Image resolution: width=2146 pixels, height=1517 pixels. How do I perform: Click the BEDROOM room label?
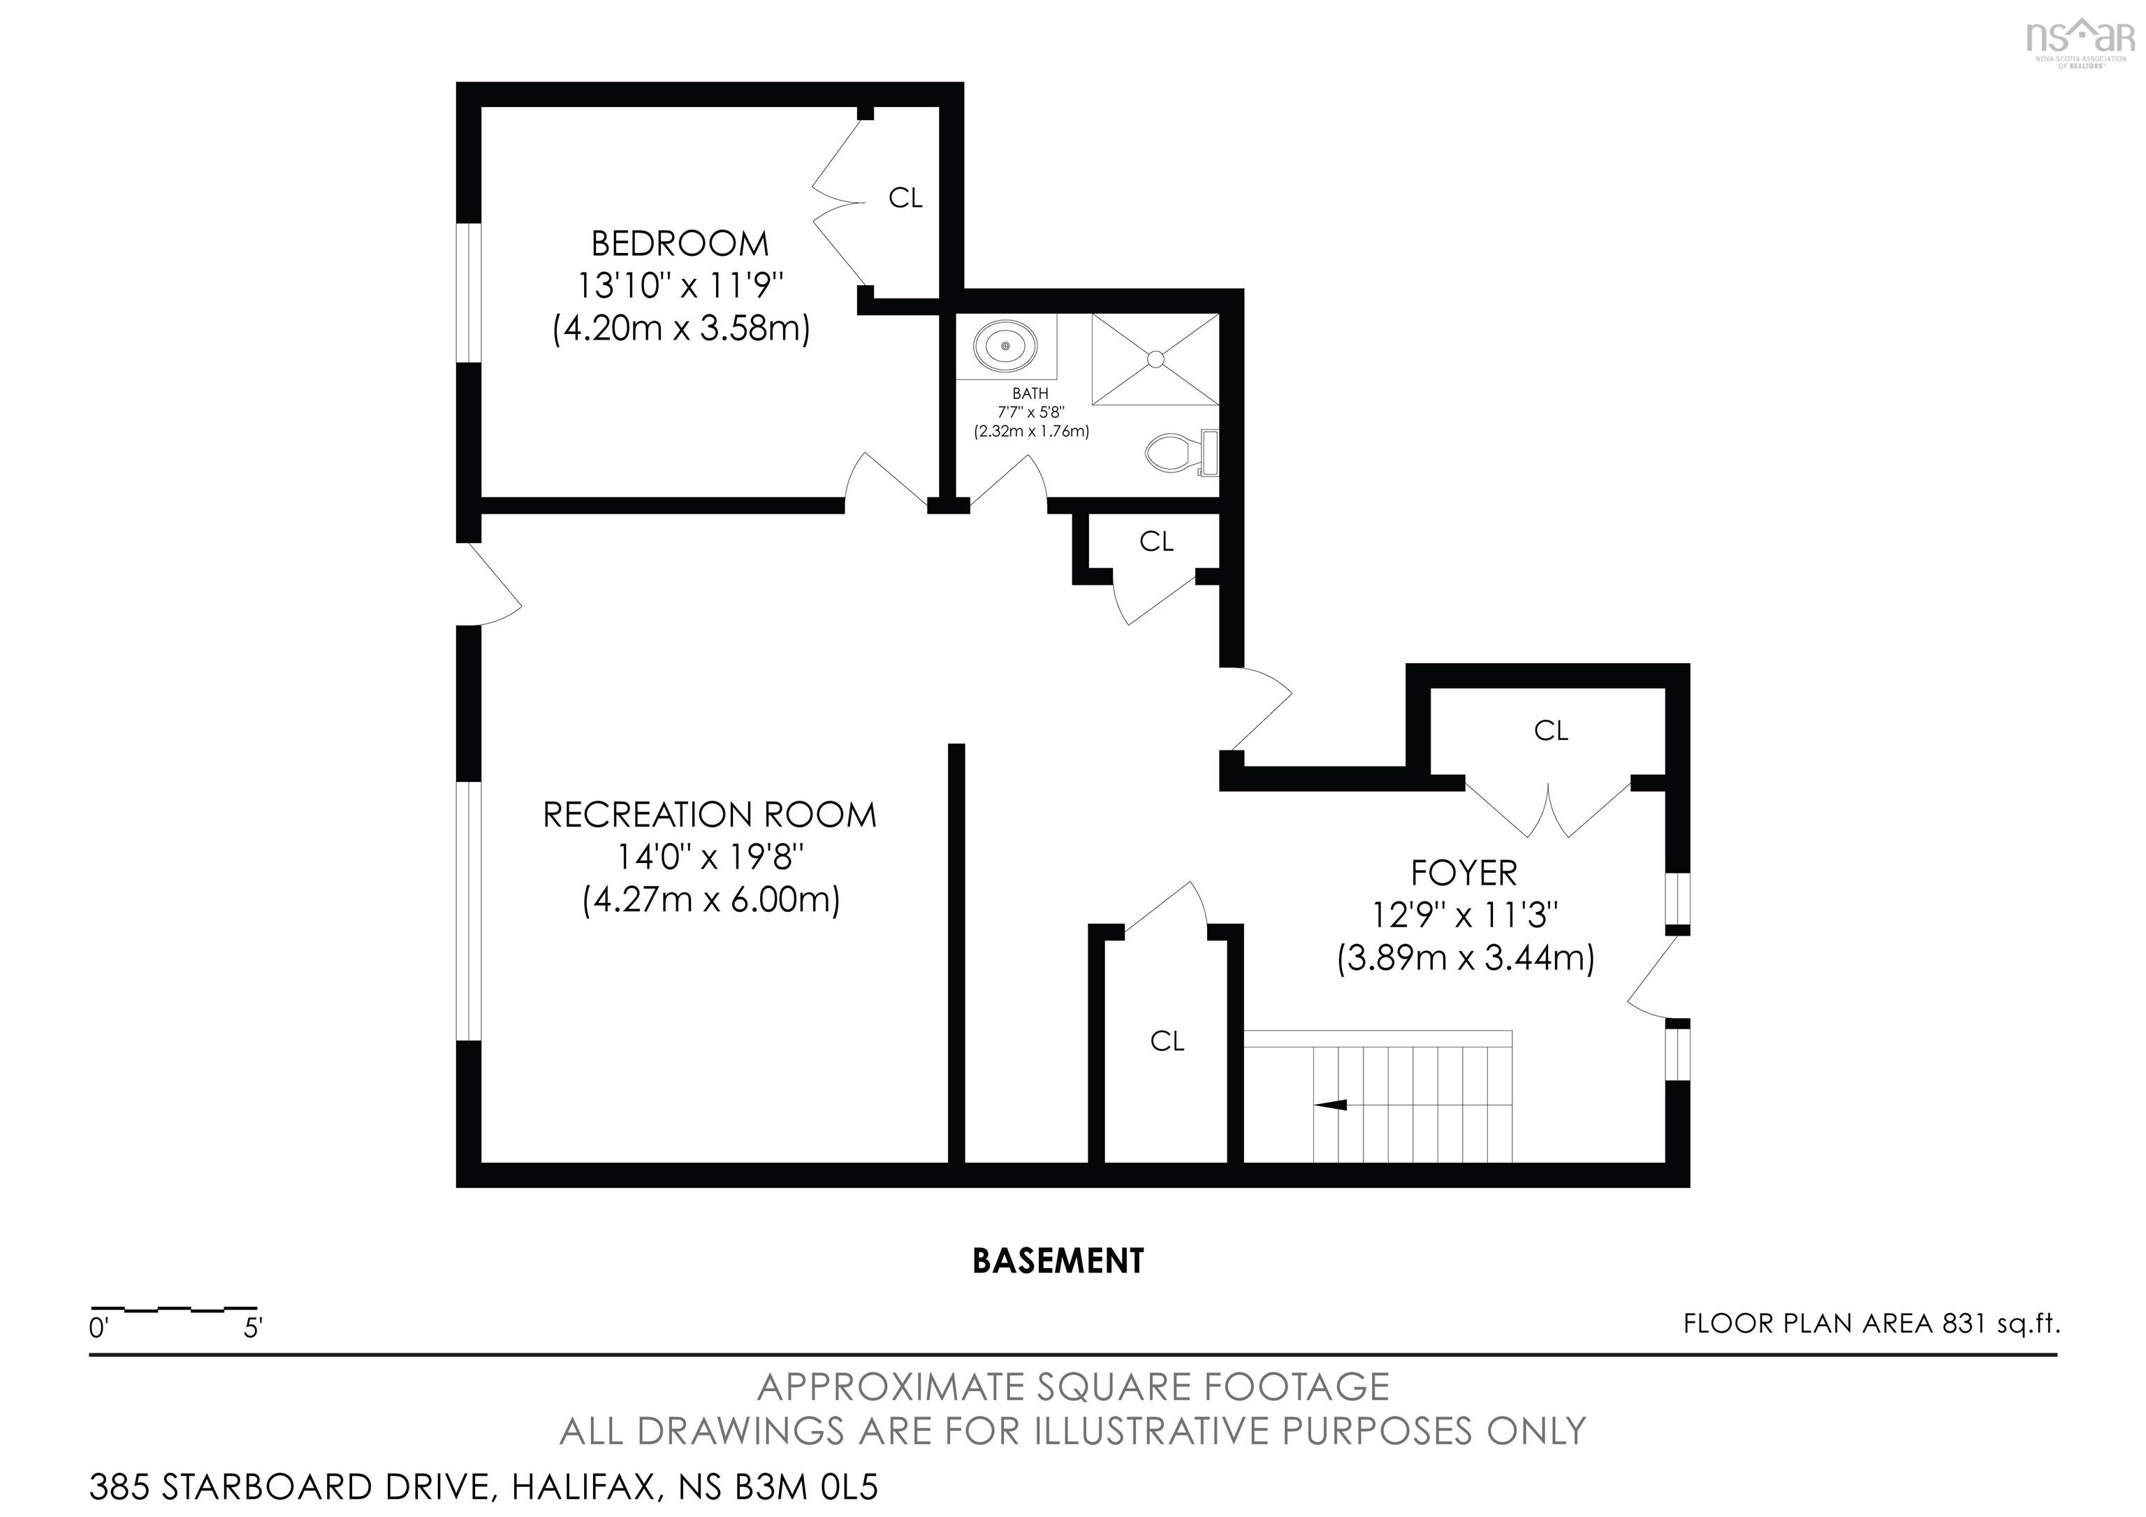[680, 244]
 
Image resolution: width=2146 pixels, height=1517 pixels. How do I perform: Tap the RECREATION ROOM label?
[710, 815]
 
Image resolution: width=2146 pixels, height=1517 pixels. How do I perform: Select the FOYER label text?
[1463, 873]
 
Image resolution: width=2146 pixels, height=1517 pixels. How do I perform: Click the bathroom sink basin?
[1005, 347]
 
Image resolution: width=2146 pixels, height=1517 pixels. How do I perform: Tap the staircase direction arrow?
[1330, 1105]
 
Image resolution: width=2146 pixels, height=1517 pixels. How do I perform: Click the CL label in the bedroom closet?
[905, 198]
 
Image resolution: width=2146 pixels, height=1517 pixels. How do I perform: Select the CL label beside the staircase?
[1167, 1041]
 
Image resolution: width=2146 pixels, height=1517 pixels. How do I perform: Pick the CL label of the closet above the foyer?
[1551, 731]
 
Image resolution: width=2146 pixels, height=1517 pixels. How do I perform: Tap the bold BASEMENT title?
[1058, 1261]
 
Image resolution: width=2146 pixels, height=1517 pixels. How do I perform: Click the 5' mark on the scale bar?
[252, 1328]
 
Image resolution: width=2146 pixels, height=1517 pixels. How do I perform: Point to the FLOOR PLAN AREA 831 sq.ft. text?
[1871, 1323]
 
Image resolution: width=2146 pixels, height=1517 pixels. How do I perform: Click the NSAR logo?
[2080, 41]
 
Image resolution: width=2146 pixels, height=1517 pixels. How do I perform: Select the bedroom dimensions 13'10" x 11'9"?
[680, 284]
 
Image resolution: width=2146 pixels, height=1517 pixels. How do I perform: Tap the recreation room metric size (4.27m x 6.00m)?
[711, 900]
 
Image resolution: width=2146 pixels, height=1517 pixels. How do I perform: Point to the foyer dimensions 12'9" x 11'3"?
[1465, 915]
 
